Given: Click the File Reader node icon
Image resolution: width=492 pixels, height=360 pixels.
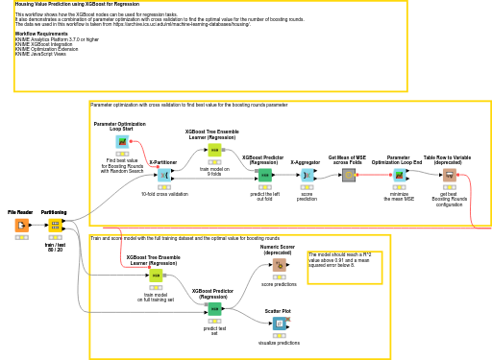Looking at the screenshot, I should tap(21, 225).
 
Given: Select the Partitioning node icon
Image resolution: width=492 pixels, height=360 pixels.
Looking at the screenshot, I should tap(55, 225).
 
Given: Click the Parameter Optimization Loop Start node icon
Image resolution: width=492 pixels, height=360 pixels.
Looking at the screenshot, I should tap(122, 142).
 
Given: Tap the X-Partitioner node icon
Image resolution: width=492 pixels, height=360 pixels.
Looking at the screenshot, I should tap(163, 175).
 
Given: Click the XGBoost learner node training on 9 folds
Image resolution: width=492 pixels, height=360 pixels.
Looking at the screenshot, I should tap(214, 150).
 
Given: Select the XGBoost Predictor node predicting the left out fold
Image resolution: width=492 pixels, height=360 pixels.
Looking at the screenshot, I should tap(263, 175).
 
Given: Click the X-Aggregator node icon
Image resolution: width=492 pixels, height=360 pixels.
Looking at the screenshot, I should tap(307, 175).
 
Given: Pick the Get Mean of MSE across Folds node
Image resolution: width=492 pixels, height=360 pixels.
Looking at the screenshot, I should tap(349, 175).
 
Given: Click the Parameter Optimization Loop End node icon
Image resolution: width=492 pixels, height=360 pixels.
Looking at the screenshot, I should tap(399, 175).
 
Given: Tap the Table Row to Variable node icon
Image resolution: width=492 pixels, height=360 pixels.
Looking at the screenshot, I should tap(449, 175).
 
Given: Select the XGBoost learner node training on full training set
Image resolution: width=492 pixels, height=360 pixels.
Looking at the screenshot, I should tap(155, 276).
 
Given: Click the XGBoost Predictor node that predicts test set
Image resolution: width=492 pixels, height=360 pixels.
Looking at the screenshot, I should tap(214, 308).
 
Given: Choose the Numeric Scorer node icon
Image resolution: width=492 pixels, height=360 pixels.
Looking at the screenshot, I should tap(279, 265).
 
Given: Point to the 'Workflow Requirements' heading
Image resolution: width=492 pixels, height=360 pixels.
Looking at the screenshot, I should tap(41, 33).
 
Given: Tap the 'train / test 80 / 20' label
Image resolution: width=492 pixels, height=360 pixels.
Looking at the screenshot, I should tap(55, 247).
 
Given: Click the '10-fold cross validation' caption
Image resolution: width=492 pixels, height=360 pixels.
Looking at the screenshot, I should tap(164, 194).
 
